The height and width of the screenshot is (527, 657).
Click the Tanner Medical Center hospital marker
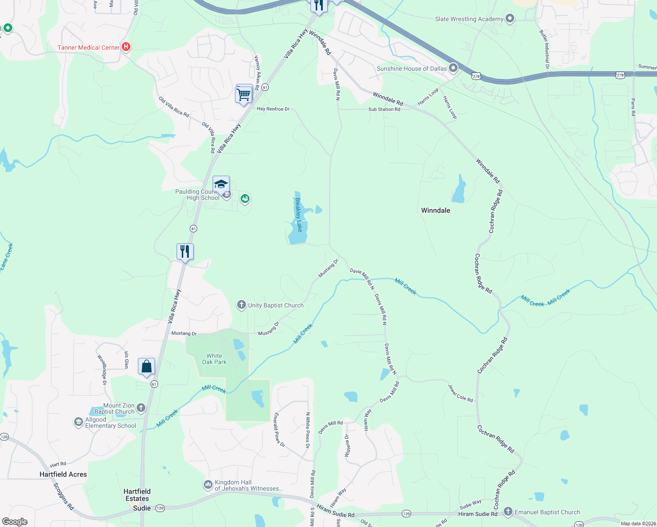point(126,47)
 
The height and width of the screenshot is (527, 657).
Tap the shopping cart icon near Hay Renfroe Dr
point(244,94)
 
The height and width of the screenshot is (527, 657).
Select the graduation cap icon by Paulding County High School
point(221,184)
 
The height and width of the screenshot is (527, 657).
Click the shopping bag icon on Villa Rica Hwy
point(146,366)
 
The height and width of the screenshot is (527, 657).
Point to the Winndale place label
point(436,210)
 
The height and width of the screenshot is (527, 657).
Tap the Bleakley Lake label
point(299,215)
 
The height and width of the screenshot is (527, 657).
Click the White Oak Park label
point(214,359)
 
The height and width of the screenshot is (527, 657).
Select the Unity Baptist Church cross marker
point(241,305)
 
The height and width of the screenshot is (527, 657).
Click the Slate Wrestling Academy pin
point(510,18)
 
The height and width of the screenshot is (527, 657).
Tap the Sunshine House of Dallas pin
point(453,68)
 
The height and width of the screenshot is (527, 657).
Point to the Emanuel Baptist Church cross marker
point(508,512)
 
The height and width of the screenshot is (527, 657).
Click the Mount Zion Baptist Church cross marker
point(141,408)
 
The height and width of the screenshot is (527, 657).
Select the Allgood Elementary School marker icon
point(78,422)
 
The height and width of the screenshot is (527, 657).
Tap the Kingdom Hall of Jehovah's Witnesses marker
point(208,485)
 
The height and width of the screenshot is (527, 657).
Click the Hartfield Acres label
point(63,474)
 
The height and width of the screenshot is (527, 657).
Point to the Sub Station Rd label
point(384,109)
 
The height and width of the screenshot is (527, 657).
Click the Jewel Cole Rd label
point(461,393)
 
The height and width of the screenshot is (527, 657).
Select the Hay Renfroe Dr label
point(273,109)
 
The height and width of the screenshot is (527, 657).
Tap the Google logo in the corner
point(15,522)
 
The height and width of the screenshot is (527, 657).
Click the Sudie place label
point(142,508)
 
